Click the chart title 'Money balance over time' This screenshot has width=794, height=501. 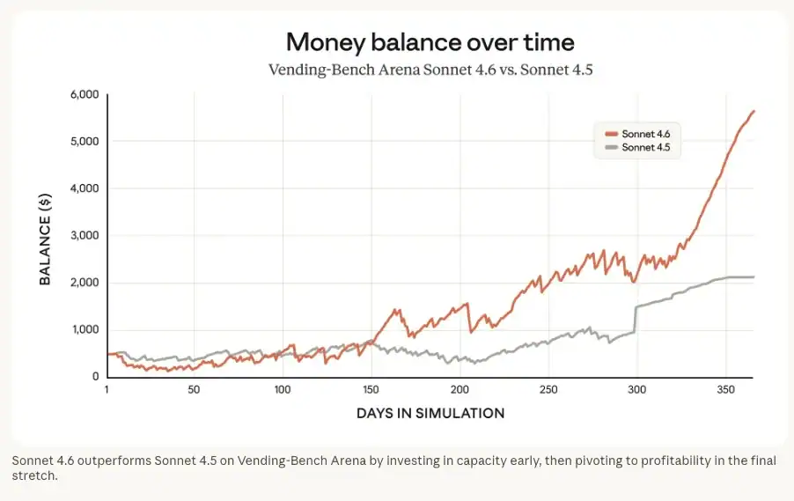coord(430,41)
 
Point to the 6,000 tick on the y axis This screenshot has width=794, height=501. coord(83,94)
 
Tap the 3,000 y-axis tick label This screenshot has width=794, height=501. coord(83,236)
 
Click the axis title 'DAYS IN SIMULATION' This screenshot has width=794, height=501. coord(430,413)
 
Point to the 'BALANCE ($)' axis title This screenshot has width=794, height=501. coord(45,235)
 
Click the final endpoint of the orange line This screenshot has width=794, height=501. coord(754,111)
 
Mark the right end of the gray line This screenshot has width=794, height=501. coord(754,277)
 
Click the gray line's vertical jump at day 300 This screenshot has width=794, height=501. coord(636,319)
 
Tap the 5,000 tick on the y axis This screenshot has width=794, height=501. coord(83,142)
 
